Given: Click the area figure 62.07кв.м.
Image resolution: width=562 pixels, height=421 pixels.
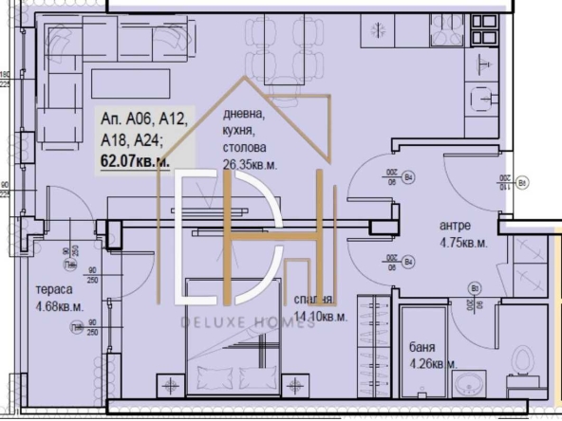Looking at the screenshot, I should pos(136,161).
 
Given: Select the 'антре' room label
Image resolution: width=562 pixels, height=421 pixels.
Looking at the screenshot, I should pos(455,227).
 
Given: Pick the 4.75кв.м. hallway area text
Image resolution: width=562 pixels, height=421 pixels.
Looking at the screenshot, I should pos(463,242).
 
